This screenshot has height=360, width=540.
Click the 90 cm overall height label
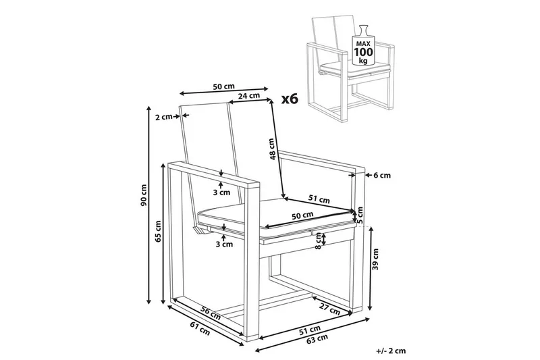pos(144,195)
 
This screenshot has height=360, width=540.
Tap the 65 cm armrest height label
pos(158,232)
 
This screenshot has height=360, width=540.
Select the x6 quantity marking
pos(290,99)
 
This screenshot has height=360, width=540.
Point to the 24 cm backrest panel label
pos(249,96)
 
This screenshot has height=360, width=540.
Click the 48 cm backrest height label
pos(273,149)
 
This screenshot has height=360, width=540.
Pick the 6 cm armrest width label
pos(382,176)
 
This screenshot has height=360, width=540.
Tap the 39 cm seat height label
pos(375,259)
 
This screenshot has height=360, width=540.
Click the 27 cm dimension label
pos(329,309)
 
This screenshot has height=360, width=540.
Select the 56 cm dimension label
pos(211,312)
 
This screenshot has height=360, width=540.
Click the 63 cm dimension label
pos(317,338)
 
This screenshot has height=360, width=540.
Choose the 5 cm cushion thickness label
pos(360,215)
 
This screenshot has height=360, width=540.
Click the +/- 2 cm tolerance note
pos(391,351)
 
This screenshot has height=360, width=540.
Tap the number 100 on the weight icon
pos(363,52)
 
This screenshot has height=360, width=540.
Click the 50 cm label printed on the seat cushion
pos(302,215)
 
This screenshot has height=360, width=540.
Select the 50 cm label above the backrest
pos(224,86)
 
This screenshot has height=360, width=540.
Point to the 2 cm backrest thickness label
pos(163,117)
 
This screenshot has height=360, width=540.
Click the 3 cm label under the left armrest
pos(221,192)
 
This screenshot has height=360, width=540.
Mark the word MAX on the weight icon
pos(363,44)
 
